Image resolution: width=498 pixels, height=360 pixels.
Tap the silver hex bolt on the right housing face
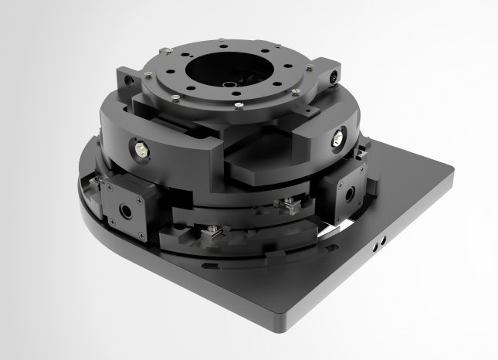click(x=338, y=139)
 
